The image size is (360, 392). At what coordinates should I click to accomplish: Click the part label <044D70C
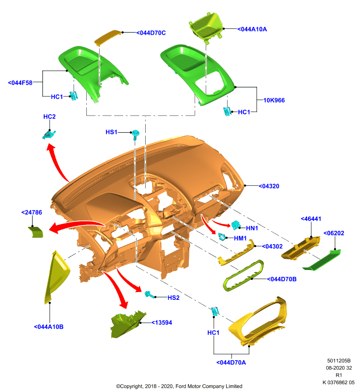click(151, 33)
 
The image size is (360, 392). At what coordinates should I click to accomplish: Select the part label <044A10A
click(252, 29)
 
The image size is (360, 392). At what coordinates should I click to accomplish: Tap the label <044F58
click(20, 83)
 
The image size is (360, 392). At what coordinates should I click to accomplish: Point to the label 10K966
click(274, 100)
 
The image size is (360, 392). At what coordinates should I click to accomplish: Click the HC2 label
click(50, 117)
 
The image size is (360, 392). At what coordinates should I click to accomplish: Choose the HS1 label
click(111, 132)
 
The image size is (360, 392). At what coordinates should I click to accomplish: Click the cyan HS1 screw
click(135, 134)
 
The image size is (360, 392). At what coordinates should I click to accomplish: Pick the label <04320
click(269, 186)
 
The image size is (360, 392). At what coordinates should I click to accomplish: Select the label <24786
click(32, 212)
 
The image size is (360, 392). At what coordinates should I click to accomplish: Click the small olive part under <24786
click(36, 232)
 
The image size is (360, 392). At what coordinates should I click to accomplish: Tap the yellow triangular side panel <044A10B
click(56, 276)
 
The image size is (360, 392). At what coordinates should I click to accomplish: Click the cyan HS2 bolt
click(150, 294)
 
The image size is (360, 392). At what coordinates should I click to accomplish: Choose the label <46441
click(311, 219)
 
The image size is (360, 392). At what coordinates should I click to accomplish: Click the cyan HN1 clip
click(235, 225)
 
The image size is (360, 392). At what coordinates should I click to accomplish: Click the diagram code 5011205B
click(339, 361)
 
